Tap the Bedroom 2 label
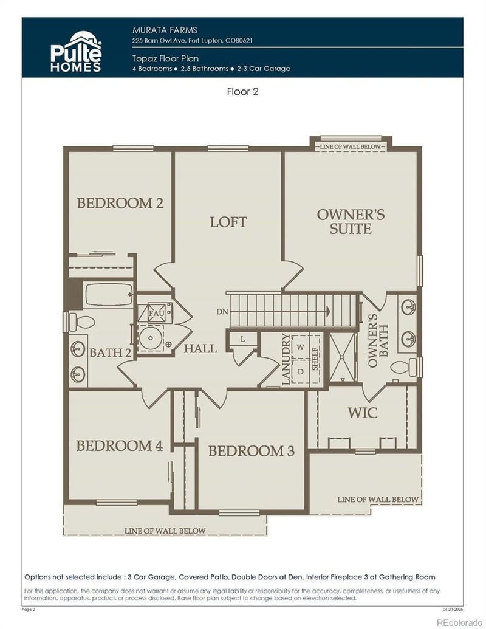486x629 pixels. point(120,203)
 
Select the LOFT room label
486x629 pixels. point(228,222)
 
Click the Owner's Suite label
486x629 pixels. point(351,222)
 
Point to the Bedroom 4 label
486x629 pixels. point(119,445)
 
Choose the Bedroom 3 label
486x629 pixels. point(251,451)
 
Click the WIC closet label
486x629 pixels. point(362,413)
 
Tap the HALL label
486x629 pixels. point(200,348)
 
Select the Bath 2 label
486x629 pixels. point(110,352)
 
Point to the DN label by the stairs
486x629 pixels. point(222,312)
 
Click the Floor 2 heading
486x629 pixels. point(243,92)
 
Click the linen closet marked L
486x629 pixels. point(242,339)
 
